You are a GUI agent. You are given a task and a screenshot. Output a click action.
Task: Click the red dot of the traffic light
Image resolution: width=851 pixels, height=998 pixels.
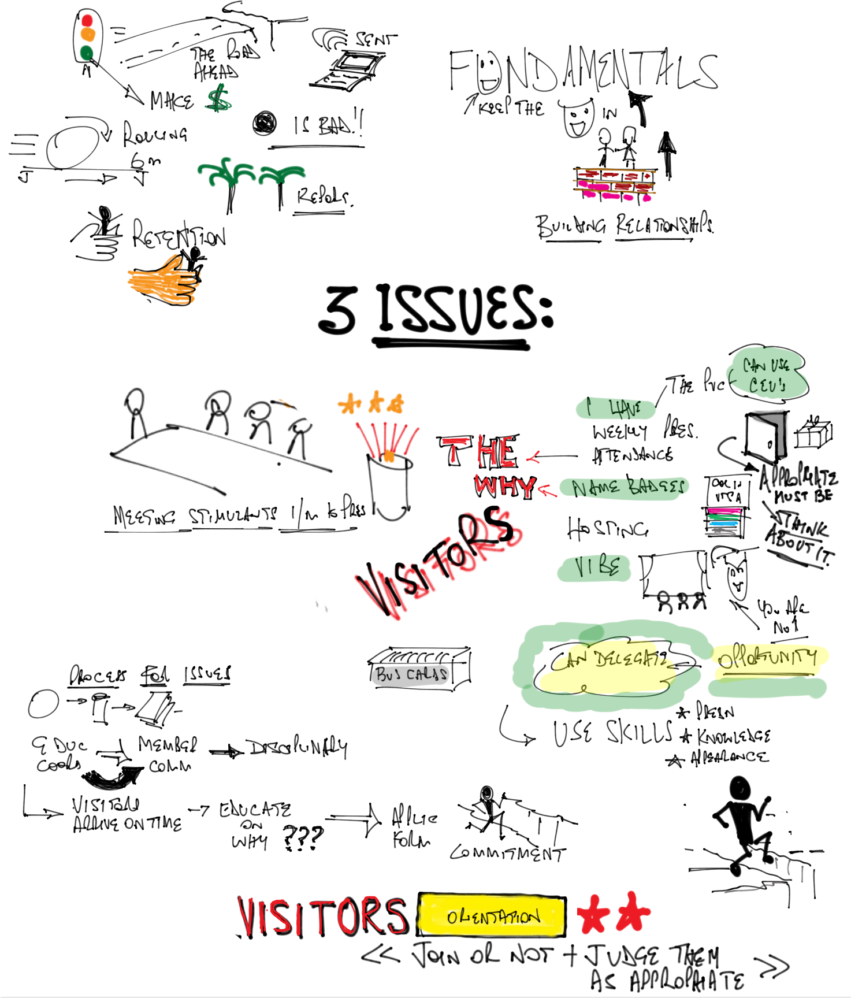(x=87, y=21)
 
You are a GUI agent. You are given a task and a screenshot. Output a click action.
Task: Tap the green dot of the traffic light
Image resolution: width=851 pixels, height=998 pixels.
(x=87, y=53)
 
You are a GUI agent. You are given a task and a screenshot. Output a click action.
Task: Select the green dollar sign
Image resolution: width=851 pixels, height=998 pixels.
(x=218, y=98)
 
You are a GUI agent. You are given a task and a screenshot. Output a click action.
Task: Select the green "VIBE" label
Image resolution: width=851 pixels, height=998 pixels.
(x=594, y=569)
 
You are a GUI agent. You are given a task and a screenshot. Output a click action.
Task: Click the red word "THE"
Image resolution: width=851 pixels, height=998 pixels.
(x=480, y=452)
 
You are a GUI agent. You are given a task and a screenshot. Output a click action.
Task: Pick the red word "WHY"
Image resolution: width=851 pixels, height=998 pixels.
(x=504, y=485)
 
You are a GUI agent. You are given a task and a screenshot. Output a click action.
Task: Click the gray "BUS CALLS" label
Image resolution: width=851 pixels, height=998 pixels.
(x=410, y=675)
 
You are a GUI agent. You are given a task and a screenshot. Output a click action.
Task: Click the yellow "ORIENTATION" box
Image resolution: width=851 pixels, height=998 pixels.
(x=492, y=915)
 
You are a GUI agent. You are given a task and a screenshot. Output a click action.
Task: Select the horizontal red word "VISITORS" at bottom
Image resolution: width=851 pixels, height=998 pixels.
(x=321, y=916)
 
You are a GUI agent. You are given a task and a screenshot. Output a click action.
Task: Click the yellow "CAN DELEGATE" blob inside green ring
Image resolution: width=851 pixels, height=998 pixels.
(x=607, y=667)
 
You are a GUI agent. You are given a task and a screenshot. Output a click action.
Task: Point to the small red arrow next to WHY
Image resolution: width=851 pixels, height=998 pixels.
(x=547, y=491)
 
